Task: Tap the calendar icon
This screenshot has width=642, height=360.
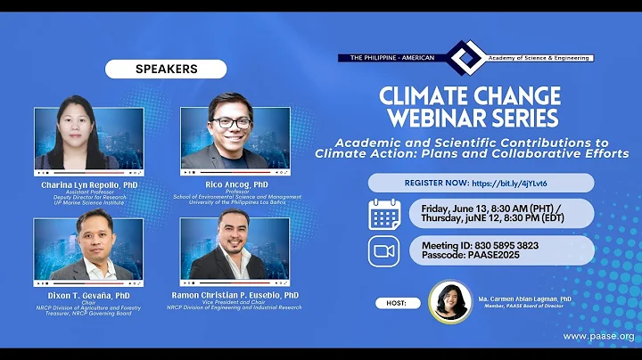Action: click(384, 215)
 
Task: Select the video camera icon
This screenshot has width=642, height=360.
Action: click(384, 250)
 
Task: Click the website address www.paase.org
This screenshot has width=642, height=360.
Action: click(599, 337)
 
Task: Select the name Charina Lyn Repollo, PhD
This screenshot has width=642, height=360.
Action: click(90, 184)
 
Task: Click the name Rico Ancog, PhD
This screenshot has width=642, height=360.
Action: click(235, 184)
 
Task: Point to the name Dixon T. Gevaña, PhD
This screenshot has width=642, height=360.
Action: click(90, 295)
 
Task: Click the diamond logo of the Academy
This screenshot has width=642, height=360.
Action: click(464, 58)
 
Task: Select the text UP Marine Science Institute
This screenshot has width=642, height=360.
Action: click(90, 202)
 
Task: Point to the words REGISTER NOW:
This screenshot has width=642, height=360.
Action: click(437, 183)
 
